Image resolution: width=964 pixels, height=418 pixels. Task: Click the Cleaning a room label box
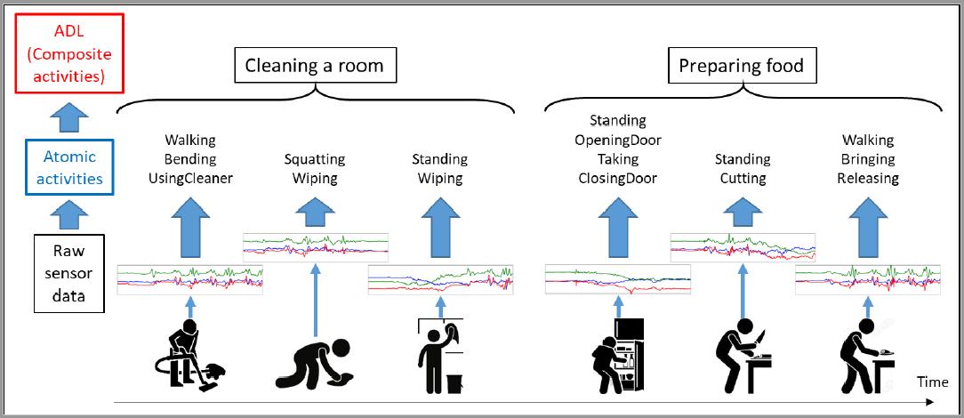click(x=315, y=66)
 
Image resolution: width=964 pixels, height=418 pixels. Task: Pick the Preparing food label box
click(x=742, y=66)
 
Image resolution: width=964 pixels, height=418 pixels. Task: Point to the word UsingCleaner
click(x=191, y=178)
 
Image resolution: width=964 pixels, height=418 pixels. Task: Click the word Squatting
click(x=315, y=160)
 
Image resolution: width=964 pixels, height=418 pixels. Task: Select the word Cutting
click(x=743, y=178)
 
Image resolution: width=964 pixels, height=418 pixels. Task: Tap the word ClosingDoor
click(x=618, y=178)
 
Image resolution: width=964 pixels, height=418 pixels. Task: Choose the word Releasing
click(x=867, y=178)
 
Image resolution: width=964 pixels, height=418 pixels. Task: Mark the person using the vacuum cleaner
click(x=190, y=356)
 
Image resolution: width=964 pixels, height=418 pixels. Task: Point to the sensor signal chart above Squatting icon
click(x=315, y=246)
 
